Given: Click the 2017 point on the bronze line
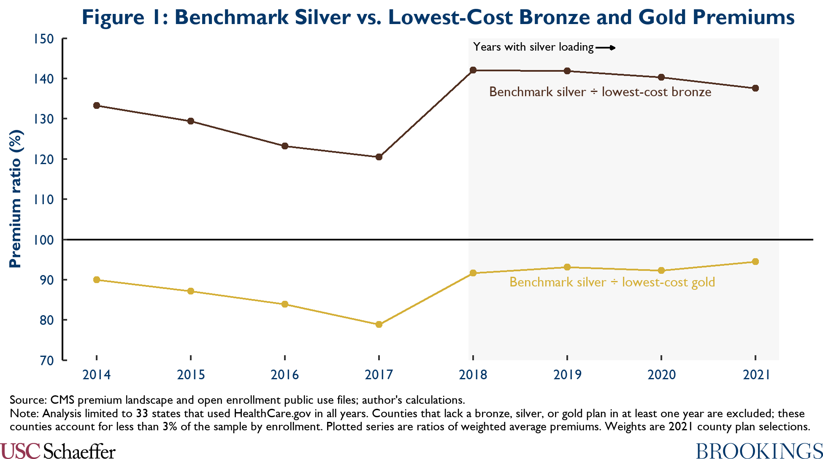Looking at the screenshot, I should coord(379,157).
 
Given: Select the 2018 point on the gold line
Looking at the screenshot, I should coord(473,273).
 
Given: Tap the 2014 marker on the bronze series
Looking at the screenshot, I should coord(97,105).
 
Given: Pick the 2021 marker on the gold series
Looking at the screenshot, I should coord(755,262).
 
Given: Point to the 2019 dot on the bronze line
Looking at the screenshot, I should coord(567,71).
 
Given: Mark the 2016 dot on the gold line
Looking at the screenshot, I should coord(285,304).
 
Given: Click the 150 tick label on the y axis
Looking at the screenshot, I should coord(44,39).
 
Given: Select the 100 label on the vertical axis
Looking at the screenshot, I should coord(44,240).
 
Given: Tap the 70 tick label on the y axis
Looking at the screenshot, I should coord(47,361).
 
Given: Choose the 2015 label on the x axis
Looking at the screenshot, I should coord(191,375).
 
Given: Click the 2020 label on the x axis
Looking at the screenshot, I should coord(661,375).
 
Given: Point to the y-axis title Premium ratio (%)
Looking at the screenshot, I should coord(16,199).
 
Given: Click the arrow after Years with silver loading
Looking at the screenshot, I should coord(606,48).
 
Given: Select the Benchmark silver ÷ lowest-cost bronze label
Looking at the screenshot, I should coord(600,92).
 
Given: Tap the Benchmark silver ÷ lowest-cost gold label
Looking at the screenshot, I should coord(612,282).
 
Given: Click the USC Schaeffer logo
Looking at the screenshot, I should coord(58,451).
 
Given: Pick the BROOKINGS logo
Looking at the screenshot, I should coord(759,451).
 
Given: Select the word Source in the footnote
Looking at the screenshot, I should coord(27,400).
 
